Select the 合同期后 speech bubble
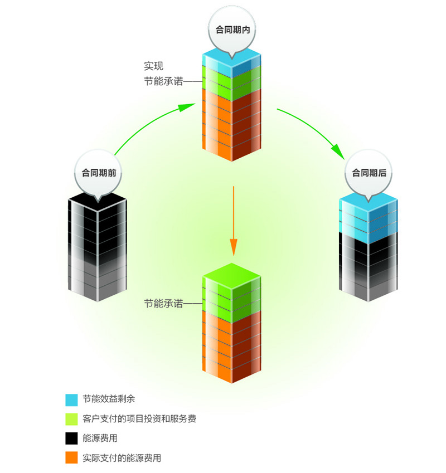click(369, 173)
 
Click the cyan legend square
click(71, 399)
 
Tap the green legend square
click(71, 419)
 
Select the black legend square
click(71, 438)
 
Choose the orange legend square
click(71, 458)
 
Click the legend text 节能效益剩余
click(109, 399)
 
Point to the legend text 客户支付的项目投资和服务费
click(139, 418)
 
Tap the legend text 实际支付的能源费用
click(122, 458)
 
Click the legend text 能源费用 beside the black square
click(100, 438)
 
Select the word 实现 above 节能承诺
click(153, 66)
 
